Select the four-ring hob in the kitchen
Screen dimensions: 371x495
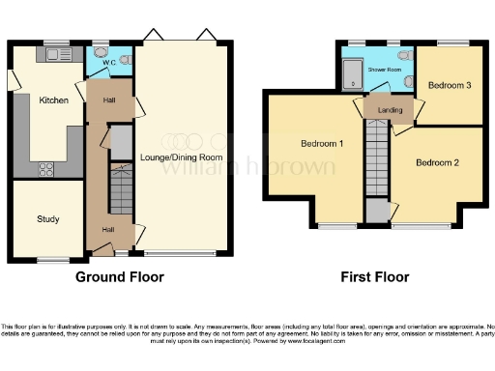[x=45, y=169]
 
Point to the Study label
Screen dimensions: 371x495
[x=48, y=219]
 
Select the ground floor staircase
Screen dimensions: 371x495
[x=120, y=189]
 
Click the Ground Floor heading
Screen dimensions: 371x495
[x=120, y=277]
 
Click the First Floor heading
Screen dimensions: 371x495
[x=374, y=277]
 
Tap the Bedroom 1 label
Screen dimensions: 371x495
[x=322, y=144]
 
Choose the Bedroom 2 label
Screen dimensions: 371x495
[x=437, y=162]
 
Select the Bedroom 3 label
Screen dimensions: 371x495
[x=450, y=86]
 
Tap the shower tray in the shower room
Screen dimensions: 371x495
[x=354, y=71]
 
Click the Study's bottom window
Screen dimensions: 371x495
[x=48, y=259]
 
